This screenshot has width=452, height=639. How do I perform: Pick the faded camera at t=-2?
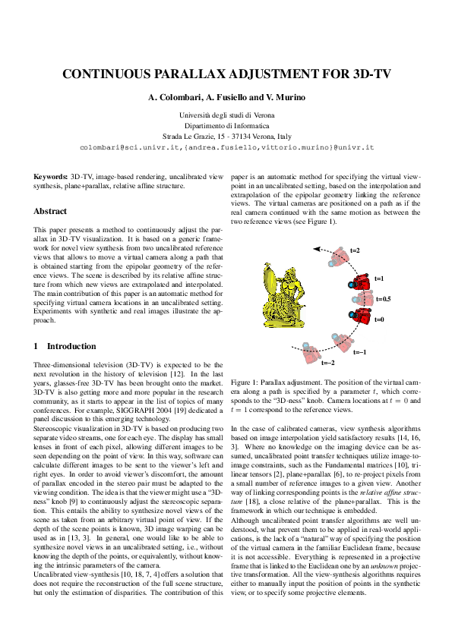click(310, 352)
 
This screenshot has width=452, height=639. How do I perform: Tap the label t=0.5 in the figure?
click(384, 300)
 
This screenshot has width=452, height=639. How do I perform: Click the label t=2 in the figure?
click(355, 250)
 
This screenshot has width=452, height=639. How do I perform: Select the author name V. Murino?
click(286, 99)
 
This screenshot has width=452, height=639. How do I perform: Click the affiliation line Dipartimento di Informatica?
click(226, 124)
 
